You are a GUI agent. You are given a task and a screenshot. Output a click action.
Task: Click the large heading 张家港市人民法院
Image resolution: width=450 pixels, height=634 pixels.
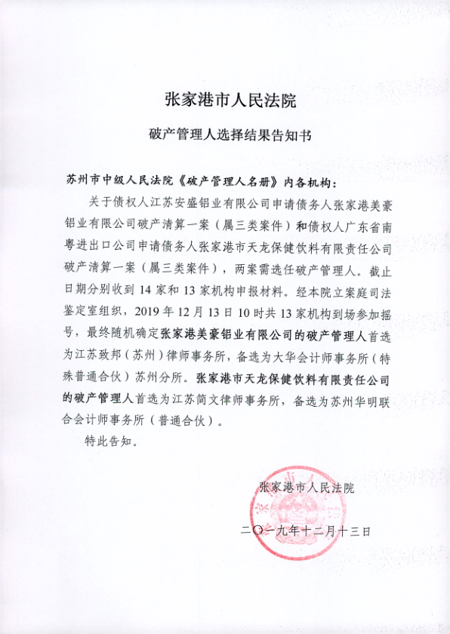[225, 99]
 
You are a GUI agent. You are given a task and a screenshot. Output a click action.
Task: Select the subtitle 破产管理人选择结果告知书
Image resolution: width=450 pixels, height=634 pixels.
[225, 137]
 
